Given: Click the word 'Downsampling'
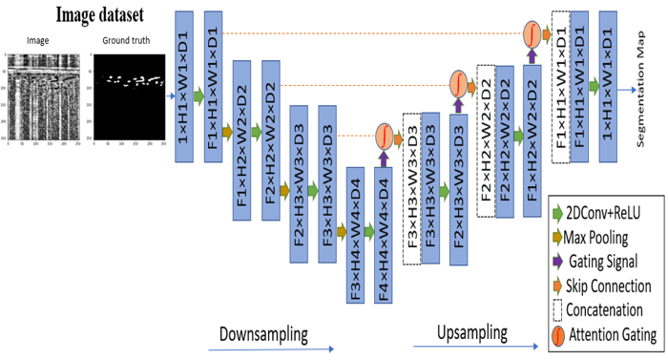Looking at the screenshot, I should tap(264, 334).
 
